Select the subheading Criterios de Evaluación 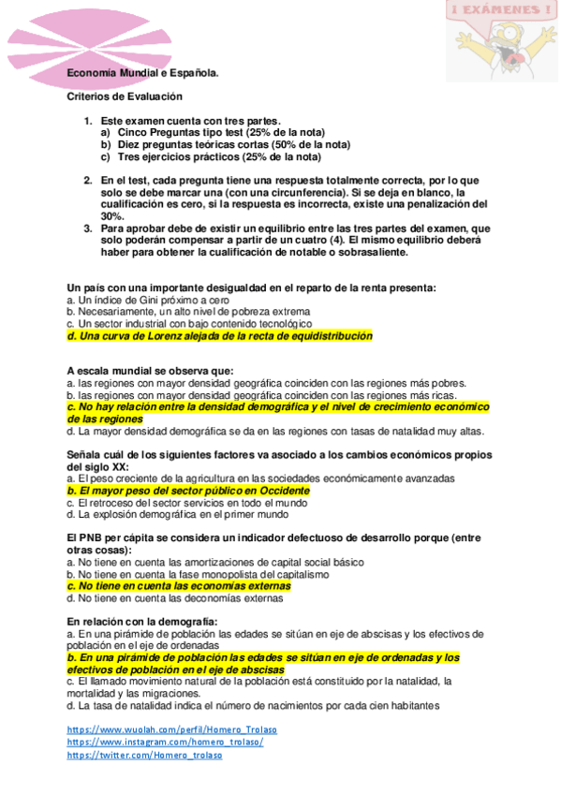(125, 96)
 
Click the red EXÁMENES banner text (499, 10)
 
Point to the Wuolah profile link (171, 728)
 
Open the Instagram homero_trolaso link (165, 742)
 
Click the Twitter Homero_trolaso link (144, 755)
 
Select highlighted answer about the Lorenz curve (219, 335)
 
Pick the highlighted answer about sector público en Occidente (188, 490)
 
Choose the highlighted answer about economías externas (179, 586)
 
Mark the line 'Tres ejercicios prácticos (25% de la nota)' (220, 156)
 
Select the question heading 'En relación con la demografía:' (142, 622)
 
